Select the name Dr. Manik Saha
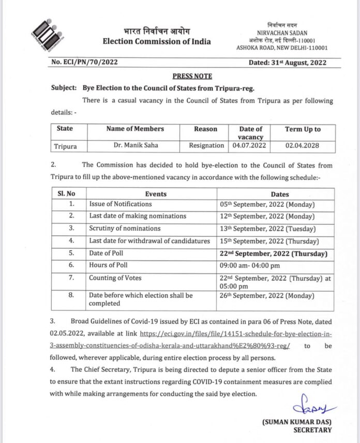(134, 146)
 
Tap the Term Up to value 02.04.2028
(303, 146)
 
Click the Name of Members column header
(134, 129)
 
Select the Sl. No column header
(66, 194)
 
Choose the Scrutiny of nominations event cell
(124, 228)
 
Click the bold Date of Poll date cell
(271, 253)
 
